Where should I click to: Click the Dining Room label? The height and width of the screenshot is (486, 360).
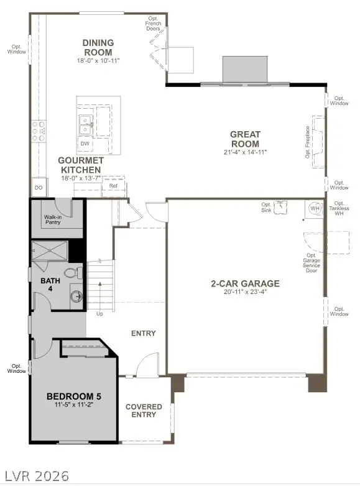pos(98,47)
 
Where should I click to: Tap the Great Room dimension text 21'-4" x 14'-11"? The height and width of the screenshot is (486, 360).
pos(245,152)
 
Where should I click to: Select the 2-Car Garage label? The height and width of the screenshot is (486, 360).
pos(244,283)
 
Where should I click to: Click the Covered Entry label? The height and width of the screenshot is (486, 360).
pos(144,411)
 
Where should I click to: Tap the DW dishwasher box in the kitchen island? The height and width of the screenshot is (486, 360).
pos(85,144)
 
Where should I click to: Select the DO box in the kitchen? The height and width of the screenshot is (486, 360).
pos(39,187)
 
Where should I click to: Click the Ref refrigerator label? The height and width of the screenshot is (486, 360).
pos(114,186)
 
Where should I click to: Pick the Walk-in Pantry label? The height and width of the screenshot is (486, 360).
pos(53,220)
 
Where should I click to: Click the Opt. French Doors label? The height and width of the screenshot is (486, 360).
pos(154,24)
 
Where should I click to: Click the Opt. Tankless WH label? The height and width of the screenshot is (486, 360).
pos(339,208)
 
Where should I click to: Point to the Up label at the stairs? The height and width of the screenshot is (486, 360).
pos(100,313)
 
